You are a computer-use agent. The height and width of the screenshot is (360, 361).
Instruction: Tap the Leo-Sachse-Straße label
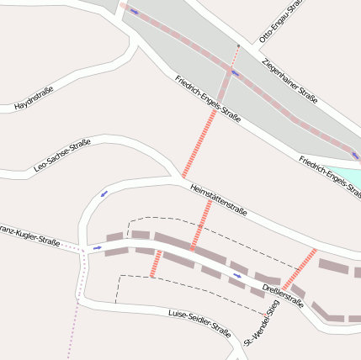coord(61,157)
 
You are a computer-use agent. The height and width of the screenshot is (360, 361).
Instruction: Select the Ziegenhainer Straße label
coord(289,81)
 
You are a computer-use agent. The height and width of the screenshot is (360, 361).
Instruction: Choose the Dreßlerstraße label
coord(283,297)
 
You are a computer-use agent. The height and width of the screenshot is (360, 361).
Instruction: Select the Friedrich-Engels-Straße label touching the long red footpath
coord(208,98)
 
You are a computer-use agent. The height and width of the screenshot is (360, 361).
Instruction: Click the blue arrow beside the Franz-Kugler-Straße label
coord(97,248)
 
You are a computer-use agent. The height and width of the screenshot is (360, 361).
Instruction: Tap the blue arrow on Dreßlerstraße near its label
coord(237,275)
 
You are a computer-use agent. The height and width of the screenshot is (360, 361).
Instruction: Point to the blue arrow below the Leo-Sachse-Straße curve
coord(104,193)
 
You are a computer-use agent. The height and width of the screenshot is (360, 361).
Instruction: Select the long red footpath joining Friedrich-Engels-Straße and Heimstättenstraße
coord(199,138)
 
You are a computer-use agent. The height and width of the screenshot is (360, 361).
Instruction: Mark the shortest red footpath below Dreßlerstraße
coord(155,263)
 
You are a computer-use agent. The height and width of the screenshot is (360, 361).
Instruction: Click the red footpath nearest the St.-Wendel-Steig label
coord(299,269)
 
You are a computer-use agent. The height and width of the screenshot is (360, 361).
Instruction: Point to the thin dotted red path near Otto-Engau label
coord(236,56)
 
